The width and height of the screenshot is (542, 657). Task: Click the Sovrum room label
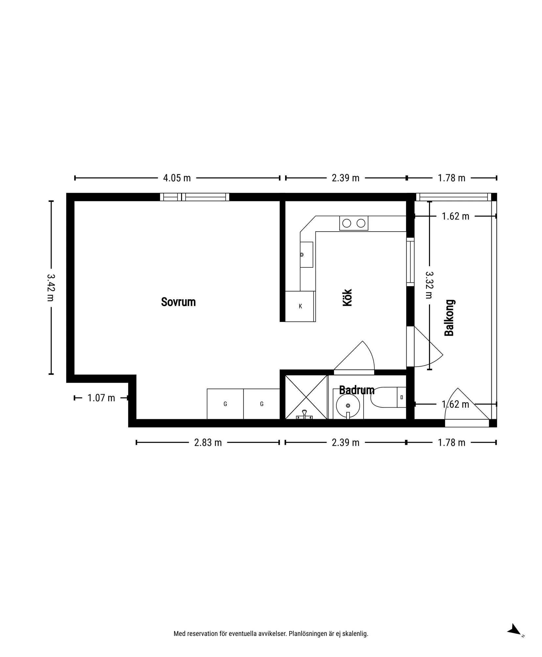(x=178, y=302)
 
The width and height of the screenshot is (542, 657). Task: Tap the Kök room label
(x=347, y=298)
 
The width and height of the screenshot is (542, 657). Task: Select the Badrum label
(x=357, y=390)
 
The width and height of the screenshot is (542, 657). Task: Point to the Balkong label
(x=449, y=318)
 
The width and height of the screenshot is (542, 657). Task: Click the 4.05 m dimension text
(x=177, y=178)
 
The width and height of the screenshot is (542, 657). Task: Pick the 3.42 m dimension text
(x=51, y=287)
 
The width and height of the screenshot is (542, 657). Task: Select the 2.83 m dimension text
(x=208, y=442)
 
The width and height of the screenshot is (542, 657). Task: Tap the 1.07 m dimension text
(x=101, y=398)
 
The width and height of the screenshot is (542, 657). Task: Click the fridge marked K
(x=300, y=306)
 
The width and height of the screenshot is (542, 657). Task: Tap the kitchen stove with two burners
(x=354, y=223)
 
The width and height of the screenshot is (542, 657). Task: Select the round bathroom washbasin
(x=348, y=406)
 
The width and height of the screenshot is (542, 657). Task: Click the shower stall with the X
(x=306, y=397)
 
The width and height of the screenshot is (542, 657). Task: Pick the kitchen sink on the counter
(x=306, y=255)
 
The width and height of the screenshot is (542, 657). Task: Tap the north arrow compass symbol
(x=515, y=630)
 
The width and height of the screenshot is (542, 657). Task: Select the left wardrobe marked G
(x=225, y=404)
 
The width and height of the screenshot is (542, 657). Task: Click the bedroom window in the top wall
(x=194, y=197)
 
